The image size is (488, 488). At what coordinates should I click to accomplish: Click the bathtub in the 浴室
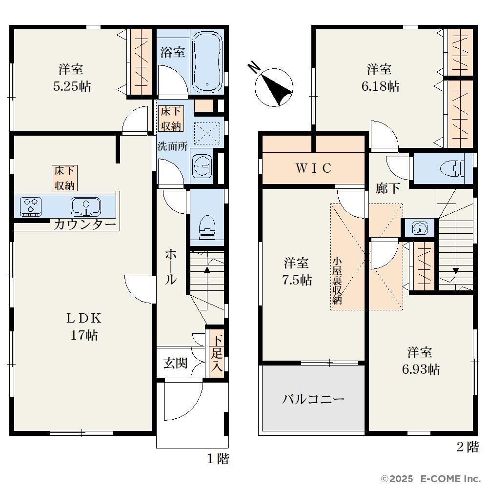[207, 61]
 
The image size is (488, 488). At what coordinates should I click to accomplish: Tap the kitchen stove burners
[30, 206]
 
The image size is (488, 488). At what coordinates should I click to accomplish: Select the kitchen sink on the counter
[86, 206]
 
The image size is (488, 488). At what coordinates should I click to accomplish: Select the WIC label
[313, 168]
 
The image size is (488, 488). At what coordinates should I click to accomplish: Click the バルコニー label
[313, 399]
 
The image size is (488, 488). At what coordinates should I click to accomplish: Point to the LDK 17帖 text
[84, 327]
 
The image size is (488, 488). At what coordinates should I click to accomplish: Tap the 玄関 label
[176, 363]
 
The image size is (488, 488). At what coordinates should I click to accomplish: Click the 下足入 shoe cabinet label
[217, 353]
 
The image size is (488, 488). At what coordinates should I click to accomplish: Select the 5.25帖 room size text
[72, 86]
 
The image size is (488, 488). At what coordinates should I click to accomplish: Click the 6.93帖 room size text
[421, 369]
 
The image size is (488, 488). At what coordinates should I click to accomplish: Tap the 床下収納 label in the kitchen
[64, 178]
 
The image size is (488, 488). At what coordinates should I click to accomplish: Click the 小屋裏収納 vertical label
[337, 281]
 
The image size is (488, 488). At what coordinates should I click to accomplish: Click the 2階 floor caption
[468, 447]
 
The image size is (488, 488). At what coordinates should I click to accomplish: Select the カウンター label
[85, 224]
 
